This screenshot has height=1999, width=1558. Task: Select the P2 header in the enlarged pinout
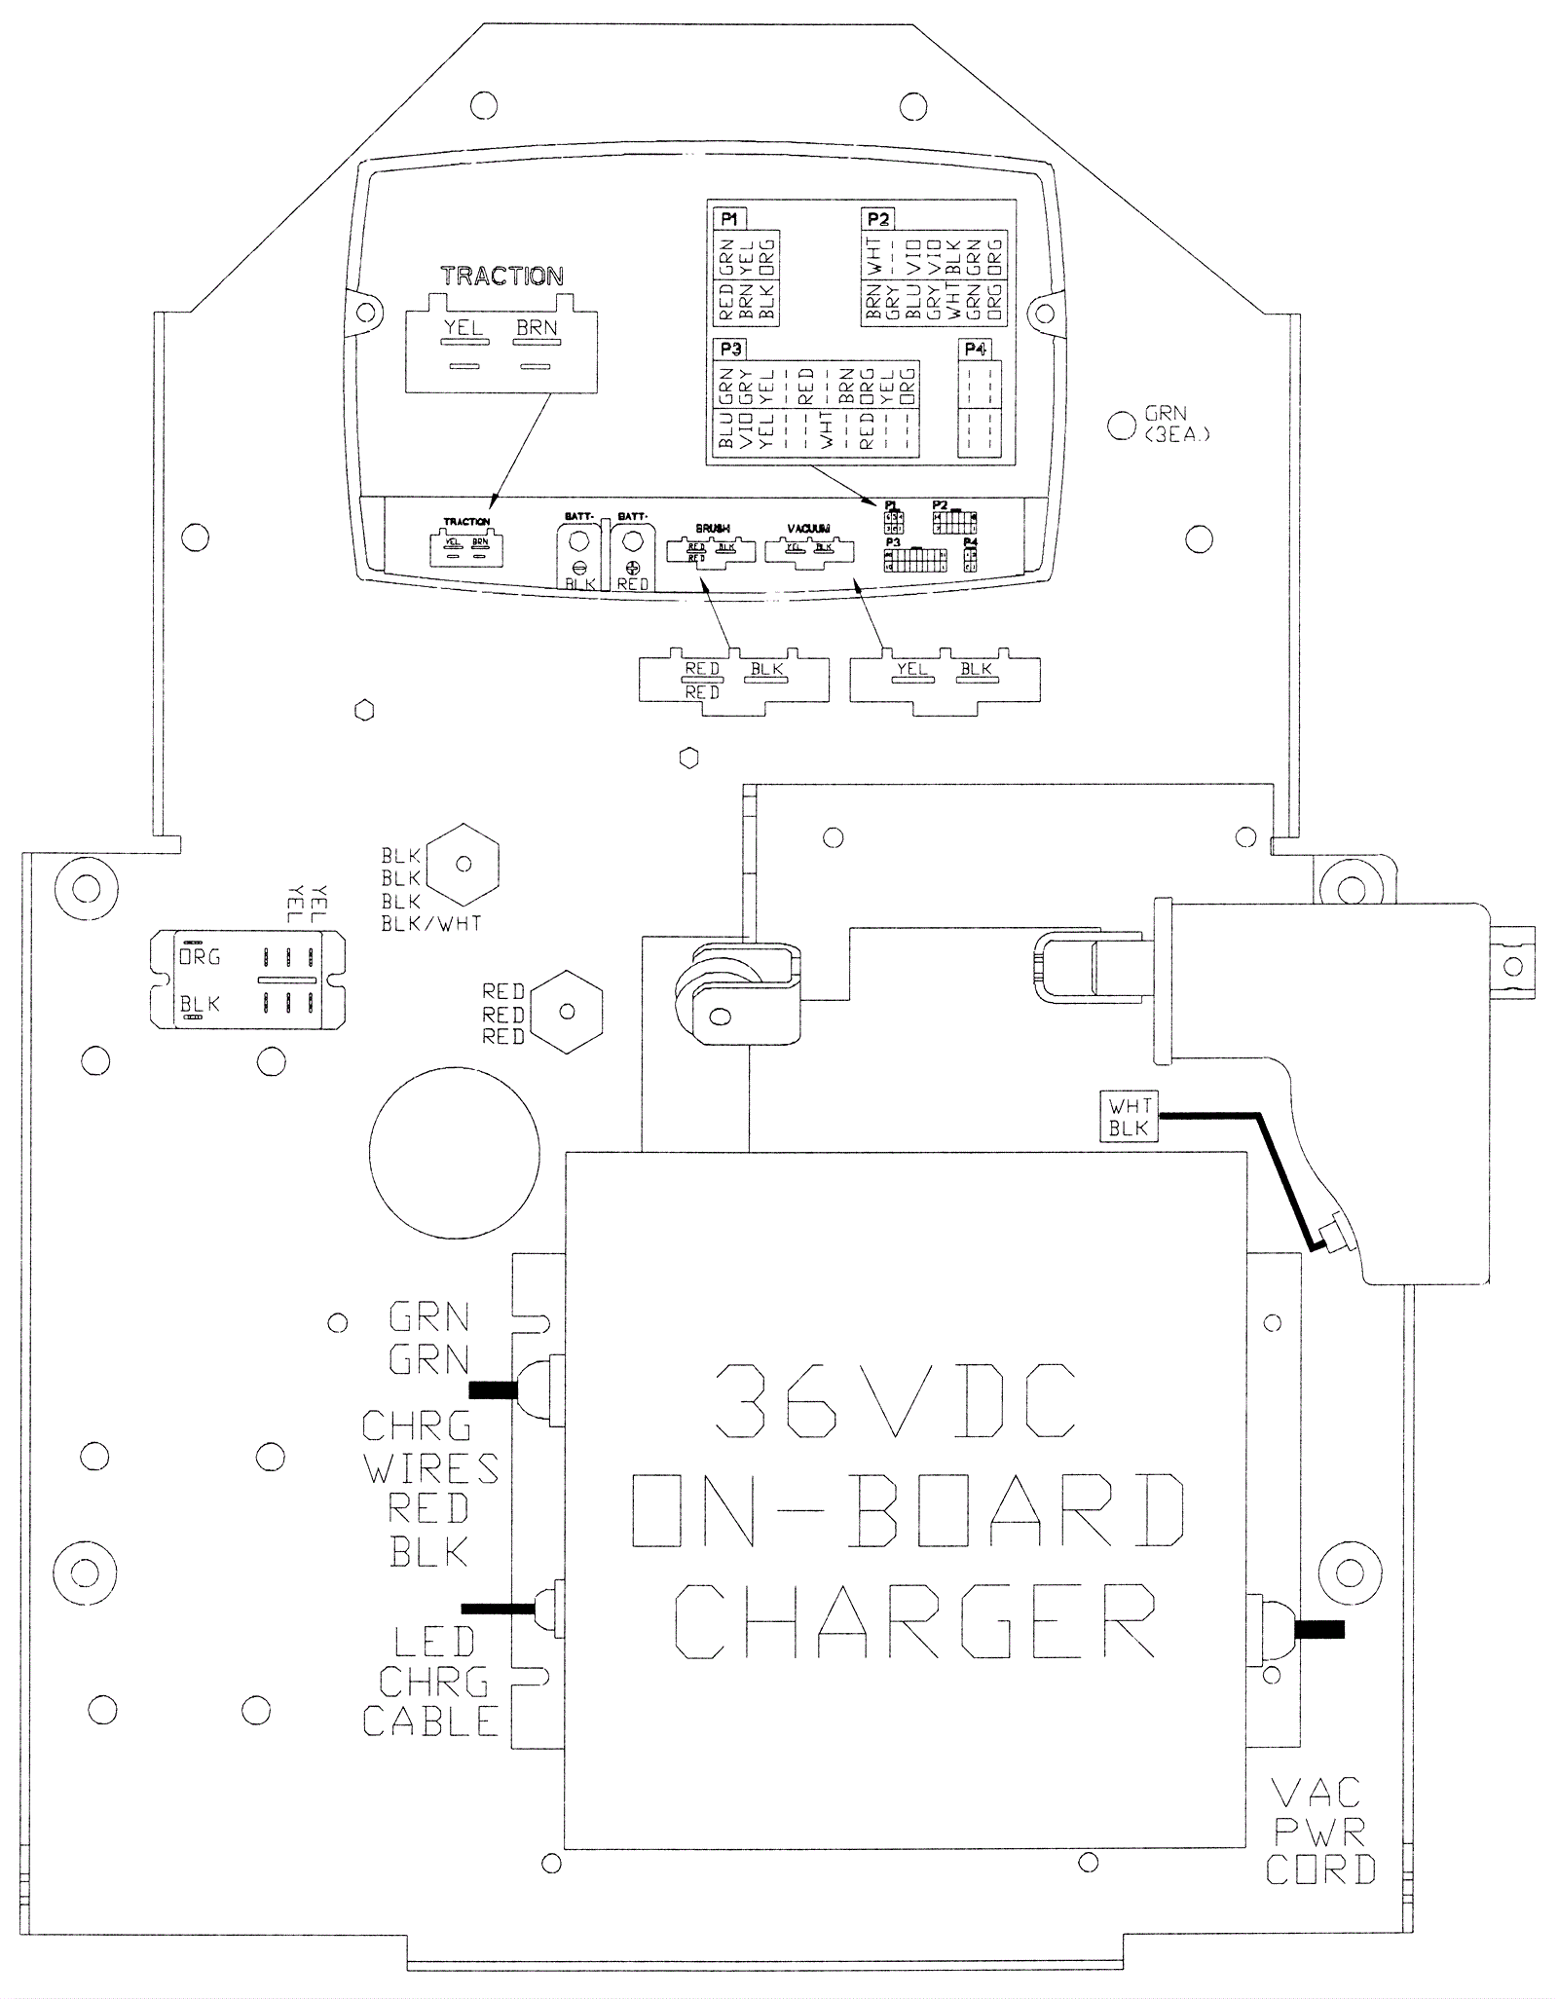tap(877, 219)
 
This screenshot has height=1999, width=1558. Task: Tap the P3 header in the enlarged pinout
tap(730, 348)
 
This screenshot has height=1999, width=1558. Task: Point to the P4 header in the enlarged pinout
tap(974, 349)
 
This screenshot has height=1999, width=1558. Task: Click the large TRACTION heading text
tap(501, 276)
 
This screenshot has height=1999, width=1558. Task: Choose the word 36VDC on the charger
tap(895, 1400)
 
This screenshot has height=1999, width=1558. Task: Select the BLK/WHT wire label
tap(431, 923)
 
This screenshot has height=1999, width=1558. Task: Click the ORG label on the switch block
tap(200, 956)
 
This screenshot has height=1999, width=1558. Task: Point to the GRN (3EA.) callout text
tap(1175, 425)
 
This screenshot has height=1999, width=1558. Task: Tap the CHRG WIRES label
tap(430, 1447)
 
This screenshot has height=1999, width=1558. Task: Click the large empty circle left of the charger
tap(454, 1156)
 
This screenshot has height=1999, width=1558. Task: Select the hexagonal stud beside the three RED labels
tap(568, 1012)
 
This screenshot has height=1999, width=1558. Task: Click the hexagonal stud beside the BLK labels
tap(464, 864)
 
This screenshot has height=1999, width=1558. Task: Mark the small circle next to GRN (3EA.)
tap(1121, 425)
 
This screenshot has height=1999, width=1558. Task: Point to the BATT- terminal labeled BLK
tap(578, 557)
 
